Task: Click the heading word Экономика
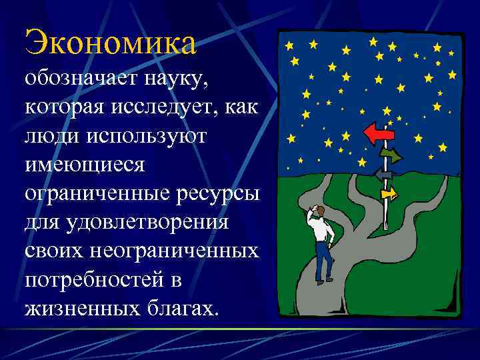[111, 42]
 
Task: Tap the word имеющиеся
[84, 163]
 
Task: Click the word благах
[180, 307]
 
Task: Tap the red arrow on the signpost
[380, 134]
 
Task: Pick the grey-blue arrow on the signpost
[383, 175]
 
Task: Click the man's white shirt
[323, 230]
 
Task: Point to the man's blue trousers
[324, 260]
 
